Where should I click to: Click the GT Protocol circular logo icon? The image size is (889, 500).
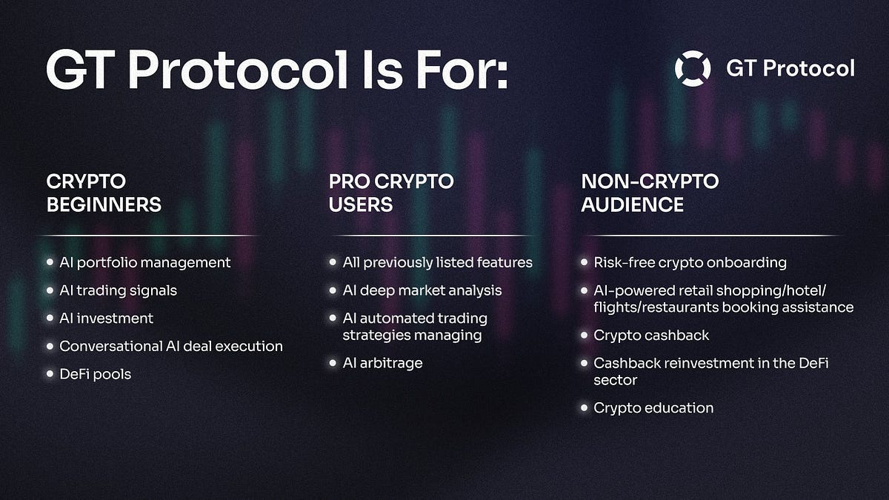coord(693,69)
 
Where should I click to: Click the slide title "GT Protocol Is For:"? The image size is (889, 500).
coord(277,70)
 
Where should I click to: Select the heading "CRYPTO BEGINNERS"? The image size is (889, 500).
coord(104,193)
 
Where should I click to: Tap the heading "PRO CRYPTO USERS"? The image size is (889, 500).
coord(391,193)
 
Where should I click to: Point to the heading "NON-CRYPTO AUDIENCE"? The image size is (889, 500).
coord(650,193)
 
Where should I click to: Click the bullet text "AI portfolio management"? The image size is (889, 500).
coord(144,262)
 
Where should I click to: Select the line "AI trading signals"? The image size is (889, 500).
coord(118,290)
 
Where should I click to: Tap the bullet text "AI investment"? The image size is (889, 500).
coord(106,319)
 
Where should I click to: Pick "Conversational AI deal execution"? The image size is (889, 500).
coord(170,346)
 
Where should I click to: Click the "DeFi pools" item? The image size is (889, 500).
coord(95,374)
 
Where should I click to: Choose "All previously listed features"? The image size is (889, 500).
coord(437,262)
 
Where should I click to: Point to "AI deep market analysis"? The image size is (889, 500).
coord(422,290)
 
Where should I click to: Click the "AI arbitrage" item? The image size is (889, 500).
coord(382,363)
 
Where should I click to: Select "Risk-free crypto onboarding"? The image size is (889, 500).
coord(690,262)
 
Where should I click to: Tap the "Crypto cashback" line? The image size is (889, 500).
coord(651,336)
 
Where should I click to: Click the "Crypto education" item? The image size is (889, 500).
coord(653,408)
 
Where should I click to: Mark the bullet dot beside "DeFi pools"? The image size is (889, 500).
coord(50,374)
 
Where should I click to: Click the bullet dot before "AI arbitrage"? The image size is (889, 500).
coord(333,363)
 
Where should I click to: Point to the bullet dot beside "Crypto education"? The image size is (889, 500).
coord(585,408)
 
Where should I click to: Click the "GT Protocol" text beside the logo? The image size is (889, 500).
coord(790,69)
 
